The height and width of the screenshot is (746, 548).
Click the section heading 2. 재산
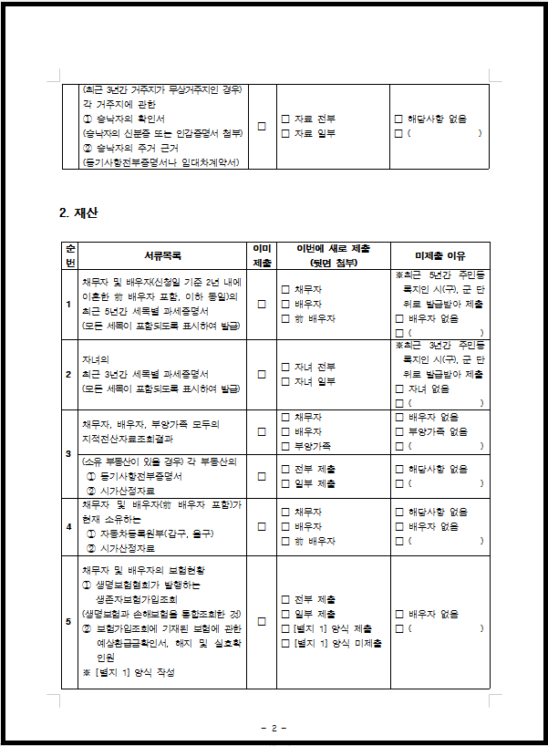click(x=78, y=213)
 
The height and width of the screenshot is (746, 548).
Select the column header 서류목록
click(x=162, y=255)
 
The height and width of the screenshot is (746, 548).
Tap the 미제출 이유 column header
click(x=439, y=255)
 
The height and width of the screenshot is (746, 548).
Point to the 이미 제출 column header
click(x=262, y=255)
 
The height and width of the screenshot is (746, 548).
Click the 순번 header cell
click(x=69, y=255)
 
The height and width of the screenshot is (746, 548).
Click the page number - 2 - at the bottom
click(x=274, y=728)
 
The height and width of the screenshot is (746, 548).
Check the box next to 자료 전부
click(x=285, y=119)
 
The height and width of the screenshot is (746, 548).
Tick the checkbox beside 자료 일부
click(x=285, y=134)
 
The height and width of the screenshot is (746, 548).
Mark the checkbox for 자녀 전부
click(x=285, y=367)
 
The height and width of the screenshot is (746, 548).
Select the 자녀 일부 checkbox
click(x=285, y=381)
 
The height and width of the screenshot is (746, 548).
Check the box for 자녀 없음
click(x=398, y=389)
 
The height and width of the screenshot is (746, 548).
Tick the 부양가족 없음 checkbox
click(x=398, y=431)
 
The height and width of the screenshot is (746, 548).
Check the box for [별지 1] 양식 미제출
click(x=285, y=643)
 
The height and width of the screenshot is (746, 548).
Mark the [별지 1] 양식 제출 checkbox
click(x=285, y=628)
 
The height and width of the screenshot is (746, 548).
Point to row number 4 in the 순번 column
click(x=69, y=526)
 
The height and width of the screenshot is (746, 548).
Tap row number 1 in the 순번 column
click(x=69, y=304)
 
